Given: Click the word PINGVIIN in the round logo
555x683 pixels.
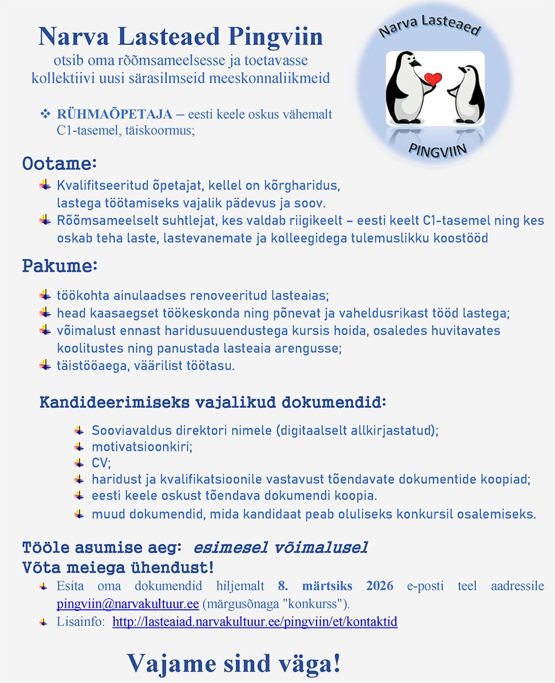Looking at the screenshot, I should click(x=437, y=149).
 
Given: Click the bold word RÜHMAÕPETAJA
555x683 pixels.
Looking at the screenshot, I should click(x=115, y=115).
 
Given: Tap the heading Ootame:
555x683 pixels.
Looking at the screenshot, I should click(x=59, y=164).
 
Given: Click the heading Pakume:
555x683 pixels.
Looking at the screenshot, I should click(x=59, y=266).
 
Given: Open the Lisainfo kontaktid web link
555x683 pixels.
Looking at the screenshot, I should click(x=254, y=622).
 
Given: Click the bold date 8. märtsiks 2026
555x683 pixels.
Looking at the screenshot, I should click(x=335, y=586).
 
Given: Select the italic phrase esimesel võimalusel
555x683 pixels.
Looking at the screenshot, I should click(x=280, y=548).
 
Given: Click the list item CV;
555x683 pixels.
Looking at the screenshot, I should click(x=101, y=462).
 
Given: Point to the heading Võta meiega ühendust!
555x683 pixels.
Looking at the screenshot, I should click(x=118, y=568).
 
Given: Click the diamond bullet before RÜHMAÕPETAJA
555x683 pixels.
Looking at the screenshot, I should click(x=45, y=114).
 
